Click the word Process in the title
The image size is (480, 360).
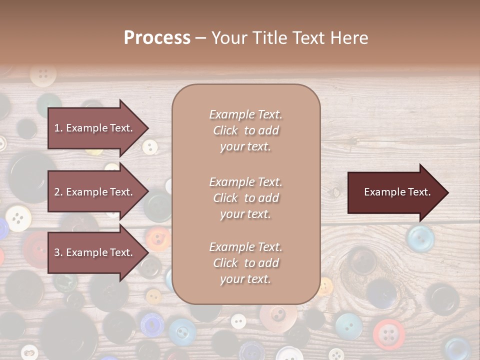pos(157,38)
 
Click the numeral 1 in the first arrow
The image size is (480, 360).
pos(57,128)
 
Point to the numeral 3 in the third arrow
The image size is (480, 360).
pos(57,252)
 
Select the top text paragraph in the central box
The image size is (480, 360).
pos(245,130)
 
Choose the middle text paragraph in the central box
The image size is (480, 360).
pos(245,198)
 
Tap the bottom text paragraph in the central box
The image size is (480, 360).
pos(245,263)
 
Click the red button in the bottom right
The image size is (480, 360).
pos(389,334)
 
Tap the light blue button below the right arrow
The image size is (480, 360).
pos(420,238)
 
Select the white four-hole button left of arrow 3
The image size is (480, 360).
pos(18,218)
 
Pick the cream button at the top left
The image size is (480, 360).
pos(43,74)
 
